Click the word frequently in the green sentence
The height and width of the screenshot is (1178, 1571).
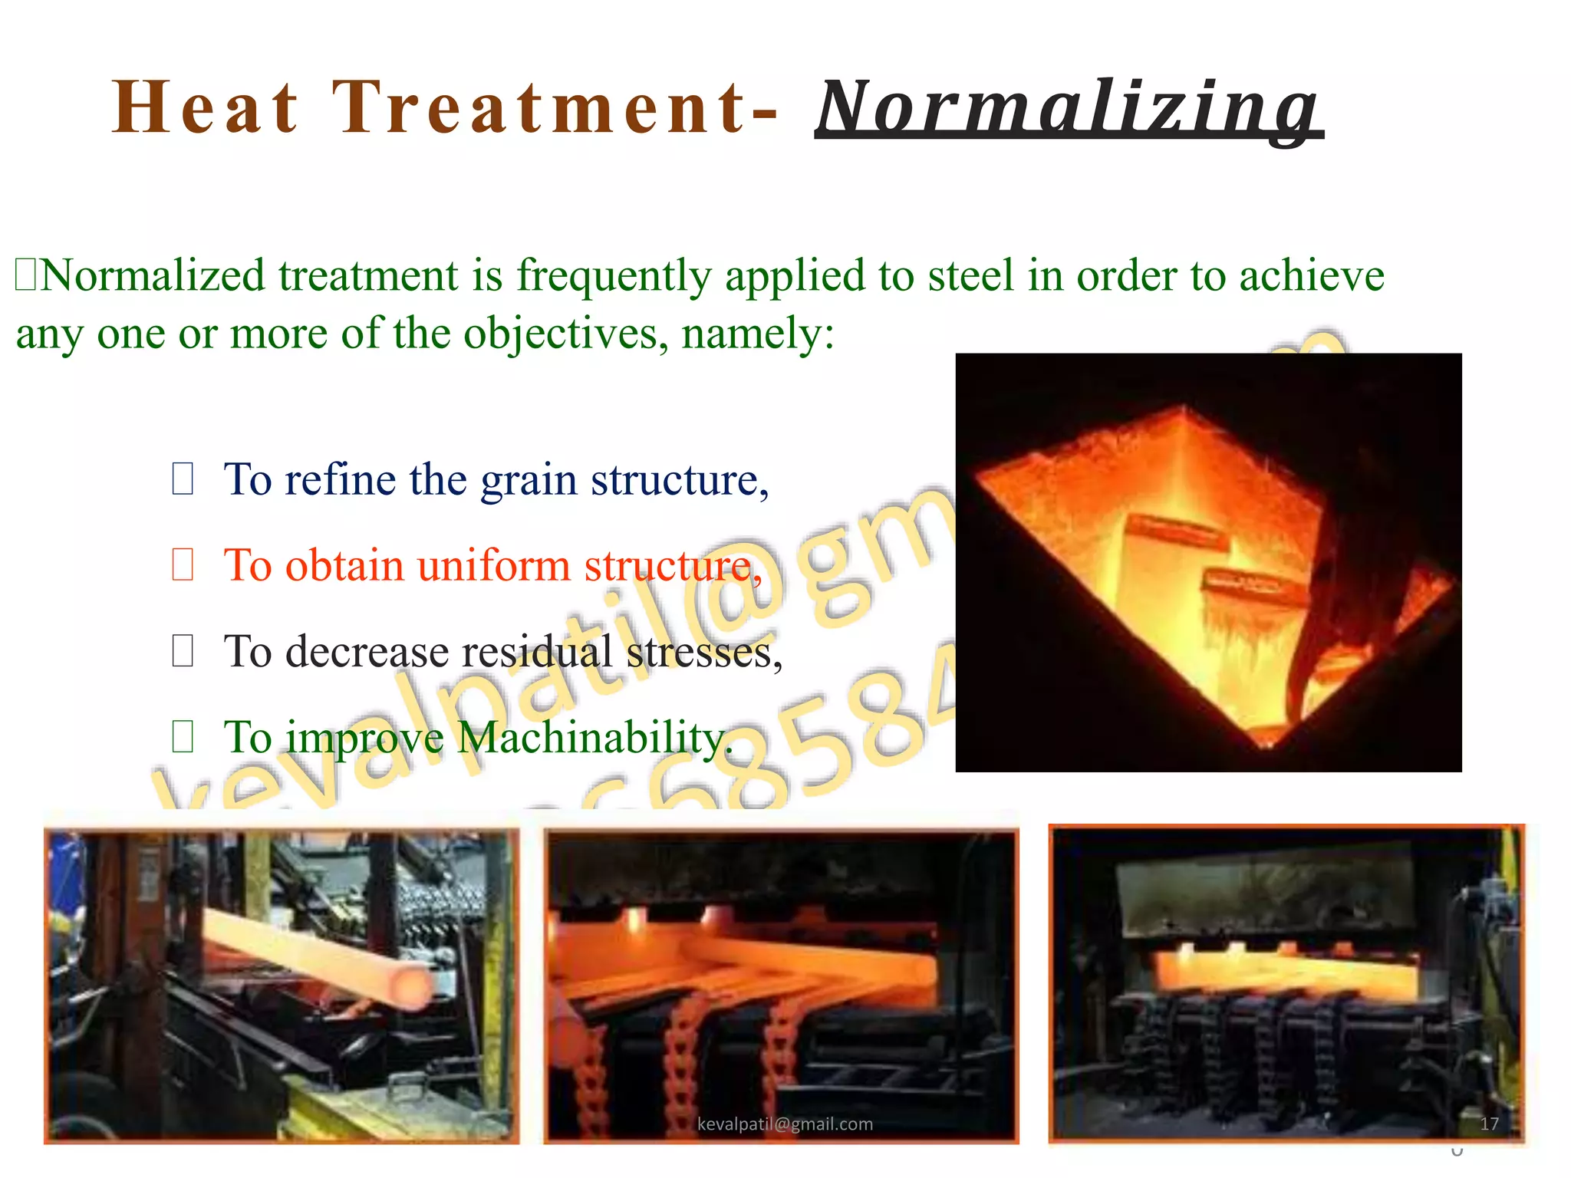coord(614,276)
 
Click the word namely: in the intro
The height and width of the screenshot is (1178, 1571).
coord(758,334)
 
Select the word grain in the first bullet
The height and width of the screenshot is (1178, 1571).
coord(528,481)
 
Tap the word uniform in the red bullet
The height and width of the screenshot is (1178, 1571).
coord(493,566)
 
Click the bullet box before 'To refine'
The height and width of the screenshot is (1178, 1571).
coord(183,479)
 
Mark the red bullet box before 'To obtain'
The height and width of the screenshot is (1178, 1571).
coord(183,565)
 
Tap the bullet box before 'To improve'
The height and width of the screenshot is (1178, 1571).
coord(183,737)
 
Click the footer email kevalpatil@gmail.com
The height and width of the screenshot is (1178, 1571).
coord(785,1124)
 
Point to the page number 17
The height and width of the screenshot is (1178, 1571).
coord(1489,1124)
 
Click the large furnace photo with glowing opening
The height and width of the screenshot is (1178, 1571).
coord(1208,562)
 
